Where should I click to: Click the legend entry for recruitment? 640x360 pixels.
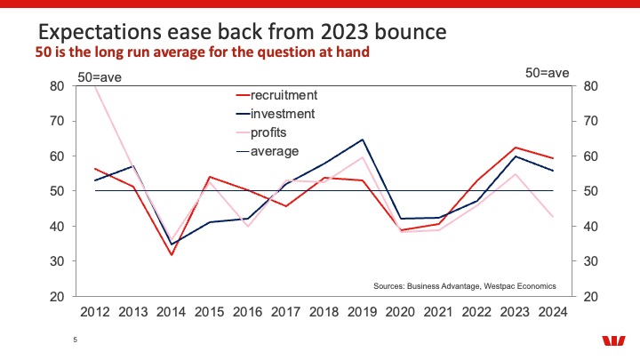click(276, 95)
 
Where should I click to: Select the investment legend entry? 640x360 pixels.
click(276, 114)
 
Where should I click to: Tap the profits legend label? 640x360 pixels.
click(261, 132)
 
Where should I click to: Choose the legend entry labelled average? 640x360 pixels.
click(268, 151)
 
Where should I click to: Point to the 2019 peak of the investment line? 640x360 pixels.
click(362, 140)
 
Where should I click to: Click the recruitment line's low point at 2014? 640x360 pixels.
click(172, 255)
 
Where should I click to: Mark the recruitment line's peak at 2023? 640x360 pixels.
click(516, 148)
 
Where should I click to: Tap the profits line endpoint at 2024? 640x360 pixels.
click(553, 217)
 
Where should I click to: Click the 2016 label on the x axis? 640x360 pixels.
click(247, 312)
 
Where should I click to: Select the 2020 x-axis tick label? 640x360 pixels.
click(400, 312)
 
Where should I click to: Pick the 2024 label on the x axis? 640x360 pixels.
click(553, 312)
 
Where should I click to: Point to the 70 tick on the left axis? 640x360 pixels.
click(57, 121)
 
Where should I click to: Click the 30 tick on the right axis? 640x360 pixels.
click(590, 261)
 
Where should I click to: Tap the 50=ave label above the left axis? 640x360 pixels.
click(100, 77)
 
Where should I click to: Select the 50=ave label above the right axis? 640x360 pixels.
click(547, 73)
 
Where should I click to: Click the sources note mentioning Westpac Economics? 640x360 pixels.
click(465, 286)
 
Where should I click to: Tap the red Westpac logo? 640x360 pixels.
click(613, 340)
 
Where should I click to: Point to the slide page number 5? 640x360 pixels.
click(75, 340)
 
